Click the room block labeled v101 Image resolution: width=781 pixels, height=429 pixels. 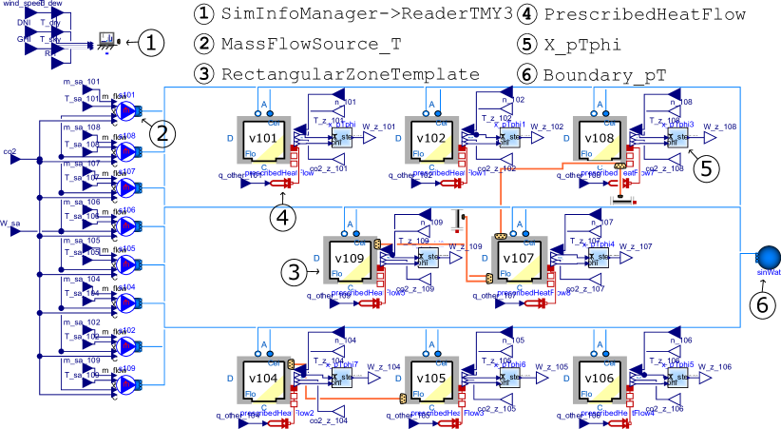(264, 140)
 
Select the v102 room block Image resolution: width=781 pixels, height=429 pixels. (432, 140)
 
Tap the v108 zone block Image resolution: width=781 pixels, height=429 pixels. (600, 140)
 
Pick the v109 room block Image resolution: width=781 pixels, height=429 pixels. (351, 260)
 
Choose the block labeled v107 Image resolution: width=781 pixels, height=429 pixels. (519, 260)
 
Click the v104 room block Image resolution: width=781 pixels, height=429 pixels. (264, 380)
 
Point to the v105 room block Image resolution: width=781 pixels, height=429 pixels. (432, 380)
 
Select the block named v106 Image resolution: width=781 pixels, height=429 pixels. (600, 380)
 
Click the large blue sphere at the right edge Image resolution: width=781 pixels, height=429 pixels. (768, 258)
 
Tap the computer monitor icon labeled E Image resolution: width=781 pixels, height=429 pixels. (106, 39)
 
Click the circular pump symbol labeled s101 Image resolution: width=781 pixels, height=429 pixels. (126, 111)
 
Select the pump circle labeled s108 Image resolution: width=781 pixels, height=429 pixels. (126, 151)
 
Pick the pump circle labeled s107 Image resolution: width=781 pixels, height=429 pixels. (126, 188)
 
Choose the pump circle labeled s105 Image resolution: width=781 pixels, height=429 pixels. (126, 264)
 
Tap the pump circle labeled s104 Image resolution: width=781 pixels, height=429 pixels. (126, 302)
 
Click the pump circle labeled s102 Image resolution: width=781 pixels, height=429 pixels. (126, 346)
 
